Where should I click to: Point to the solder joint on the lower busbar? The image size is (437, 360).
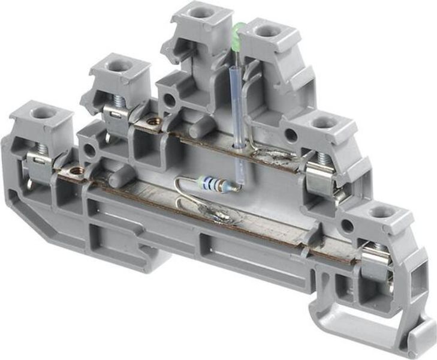[220, 214]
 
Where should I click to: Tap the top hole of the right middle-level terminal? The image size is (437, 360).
[324, 123]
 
